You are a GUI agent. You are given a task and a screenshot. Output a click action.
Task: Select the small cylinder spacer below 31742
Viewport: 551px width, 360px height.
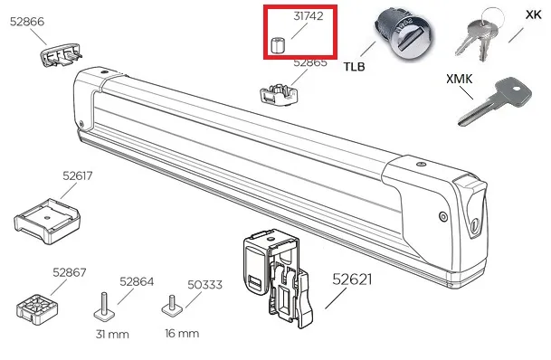coord(280,45)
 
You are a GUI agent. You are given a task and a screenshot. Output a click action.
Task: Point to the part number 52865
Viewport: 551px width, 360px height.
coord(309,62)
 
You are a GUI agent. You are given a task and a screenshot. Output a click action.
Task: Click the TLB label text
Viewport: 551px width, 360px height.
coord(356,66)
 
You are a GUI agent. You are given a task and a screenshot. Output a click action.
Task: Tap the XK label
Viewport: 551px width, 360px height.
coord(533,14)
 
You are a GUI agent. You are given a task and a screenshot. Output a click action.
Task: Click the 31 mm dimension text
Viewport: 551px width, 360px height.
coord(111,334)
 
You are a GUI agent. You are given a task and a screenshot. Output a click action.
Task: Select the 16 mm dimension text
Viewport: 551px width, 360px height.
coord(182,334)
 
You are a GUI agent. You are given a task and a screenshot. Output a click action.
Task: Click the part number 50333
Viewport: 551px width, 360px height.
coord(204,283)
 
